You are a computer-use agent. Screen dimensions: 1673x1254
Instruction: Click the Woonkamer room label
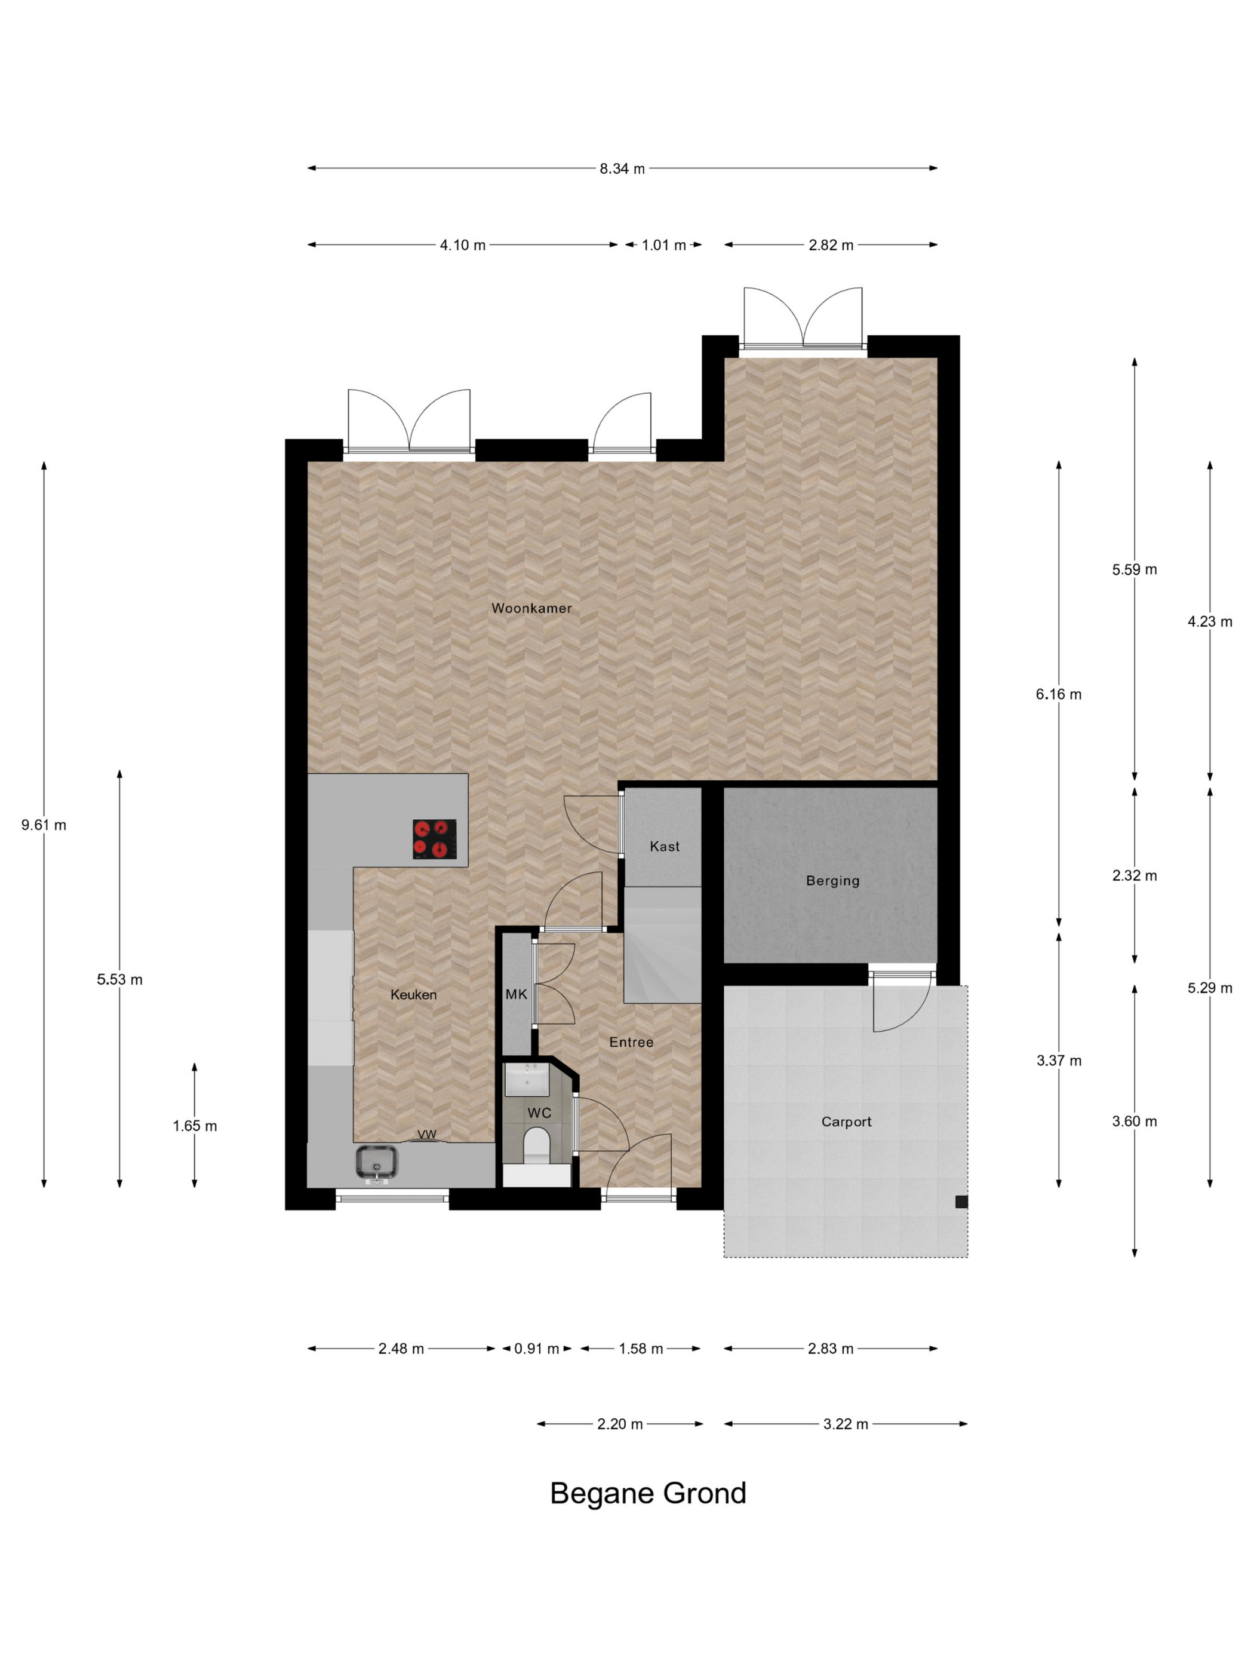[531, 608]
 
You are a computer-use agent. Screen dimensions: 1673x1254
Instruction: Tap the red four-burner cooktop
[435, 839]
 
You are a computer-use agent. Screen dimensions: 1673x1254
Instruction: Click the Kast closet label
[665, 846]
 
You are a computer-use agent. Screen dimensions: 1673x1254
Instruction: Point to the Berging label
[832, 880]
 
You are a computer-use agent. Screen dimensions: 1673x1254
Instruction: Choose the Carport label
[846, 1122]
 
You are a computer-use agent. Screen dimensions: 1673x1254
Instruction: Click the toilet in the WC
[537, 1146]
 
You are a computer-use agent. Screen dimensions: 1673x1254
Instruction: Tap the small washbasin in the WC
[527, 1079]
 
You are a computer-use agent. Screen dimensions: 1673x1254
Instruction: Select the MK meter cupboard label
[517, 994]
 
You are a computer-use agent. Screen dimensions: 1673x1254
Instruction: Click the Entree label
[631, 1042]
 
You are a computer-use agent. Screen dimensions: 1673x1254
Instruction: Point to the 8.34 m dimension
[622, 168]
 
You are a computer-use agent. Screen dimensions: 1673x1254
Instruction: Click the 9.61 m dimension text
[44, 825]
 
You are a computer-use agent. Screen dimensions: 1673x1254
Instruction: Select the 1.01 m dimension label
[663, 245]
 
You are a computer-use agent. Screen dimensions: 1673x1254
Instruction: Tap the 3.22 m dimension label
[845, 1424]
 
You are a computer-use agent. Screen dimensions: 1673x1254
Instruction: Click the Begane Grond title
[648, 1494]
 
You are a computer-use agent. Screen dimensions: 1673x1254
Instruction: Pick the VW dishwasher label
[427, 1135]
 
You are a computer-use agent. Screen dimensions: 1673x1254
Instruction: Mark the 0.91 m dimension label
[537, 1349]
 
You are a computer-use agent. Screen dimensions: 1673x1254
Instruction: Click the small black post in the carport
[961, 1202]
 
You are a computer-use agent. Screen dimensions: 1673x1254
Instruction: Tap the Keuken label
[413, 995]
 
